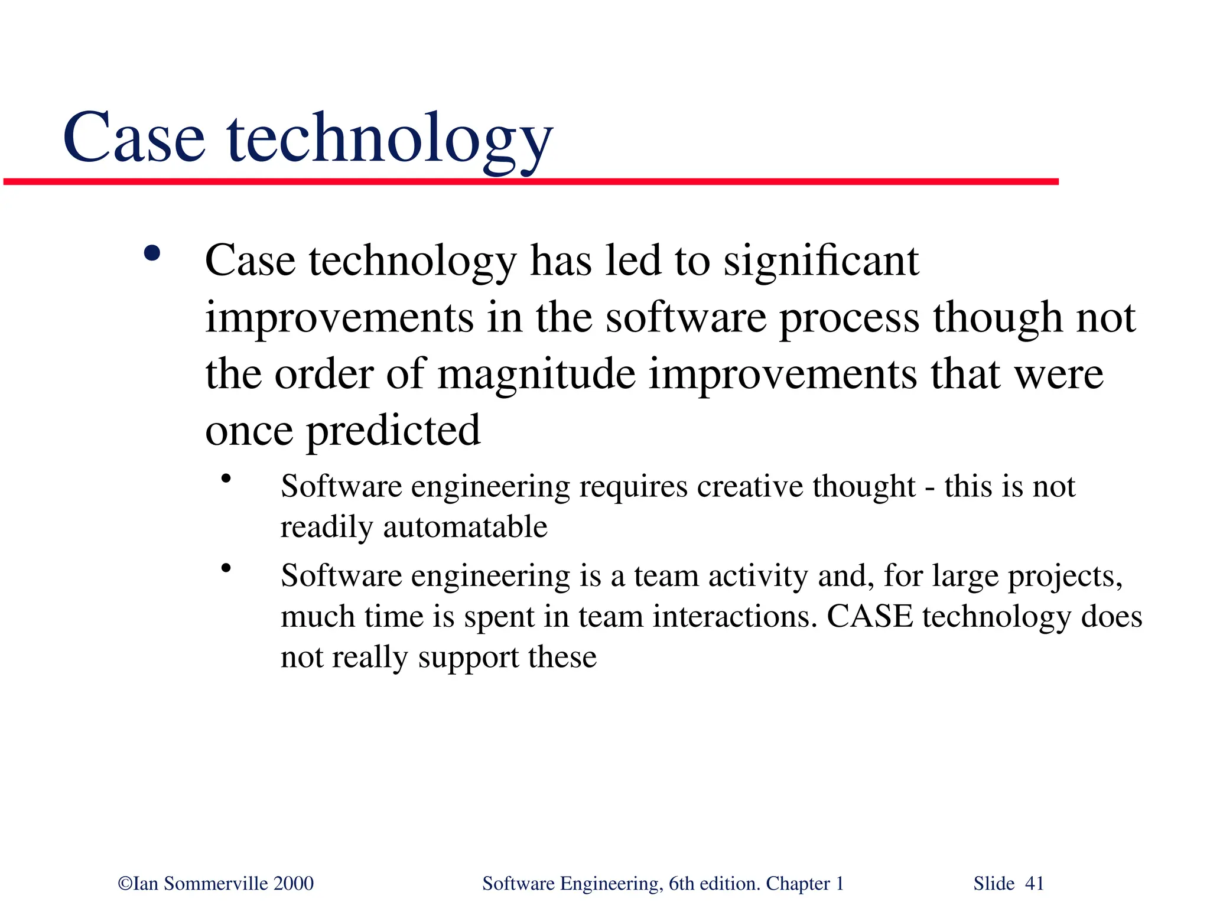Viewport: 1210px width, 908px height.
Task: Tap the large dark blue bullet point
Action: pyautogui.click(x=152, y=254)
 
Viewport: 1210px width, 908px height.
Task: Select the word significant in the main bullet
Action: pyautogui.click(x=821, y=261)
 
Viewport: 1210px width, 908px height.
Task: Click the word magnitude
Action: pyautogui.click(x=536, y=375)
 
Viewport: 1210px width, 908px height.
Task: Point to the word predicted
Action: pyautogui.click(x=393, y=431)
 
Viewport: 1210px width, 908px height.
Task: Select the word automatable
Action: pyautogui.click(x=465, y=526)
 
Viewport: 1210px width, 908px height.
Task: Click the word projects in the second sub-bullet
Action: pyautogui.click(x=1064, y=577)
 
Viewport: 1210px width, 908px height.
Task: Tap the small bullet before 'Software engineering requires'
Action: pyautogui.click(x=225, y=479)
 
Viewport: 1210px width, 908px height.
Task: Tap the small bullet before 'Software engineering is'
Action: pyautogui.click(x=225, y=568)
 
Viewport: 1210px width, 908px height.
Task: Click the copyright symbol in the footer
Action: pyautogui.click(x=125, y=883)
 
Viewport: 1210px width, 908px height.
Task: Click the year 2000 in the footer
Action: pyautogui.click(x=294, y=883)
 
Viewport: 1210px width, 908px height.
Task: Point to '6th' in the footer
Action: pyautogui.click(x=681, y=883)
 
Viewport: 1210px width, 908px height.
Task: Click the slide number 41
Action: pyautogui.click(x=1035, y=883)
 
